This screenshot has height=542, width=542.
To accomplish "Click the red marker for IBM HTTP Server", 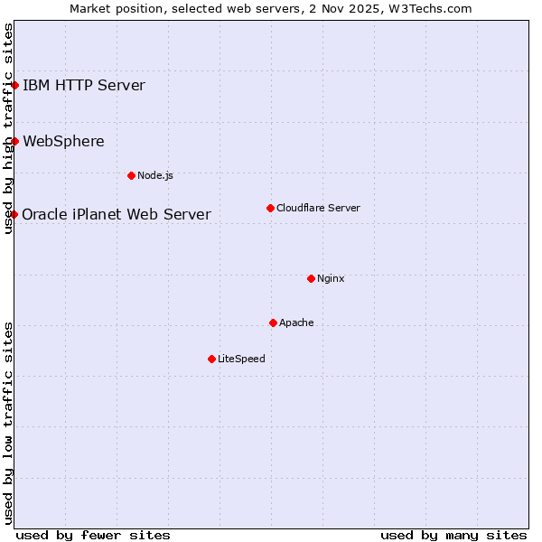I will (x=15, y=86).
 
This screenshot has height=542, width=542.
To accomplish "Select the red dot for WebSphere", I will (x=15, y=141).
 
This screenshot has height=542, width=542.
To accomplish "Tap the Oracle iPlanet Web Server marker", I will (x=14, y=214).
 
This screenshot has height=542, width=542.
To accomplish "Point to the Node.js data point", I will (x=131, y=175).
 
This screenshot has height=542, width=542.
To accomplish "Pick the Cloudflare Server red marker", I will (x=270, y=208).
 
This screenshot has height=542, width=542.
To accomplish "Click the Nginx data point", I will (x=311, y=278).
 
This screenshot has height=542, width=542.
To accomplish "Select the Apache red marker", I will (x=273, y=322).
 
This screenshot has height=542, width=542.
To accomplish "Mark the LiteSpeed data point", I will (x=211, y=359).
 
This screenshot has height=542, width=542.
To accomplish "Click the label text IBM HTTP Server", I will (x=83, y=86).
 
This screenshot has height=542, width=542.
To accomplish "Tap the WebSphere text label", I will (x=63, y=141).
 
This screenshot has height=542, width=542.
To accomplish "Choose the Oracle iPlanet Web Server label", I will (x=117, y=214).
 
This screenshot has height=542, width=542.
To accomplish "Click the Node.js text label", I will (x=155, y=175).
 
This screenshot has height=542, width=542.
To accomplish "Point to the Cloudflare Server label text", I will (x=318, y=208).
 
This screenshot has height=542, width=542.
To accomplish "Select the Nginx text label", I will (x=331, y=278).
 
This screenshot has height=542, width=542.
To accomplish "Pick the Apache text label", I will (x=296, y=322).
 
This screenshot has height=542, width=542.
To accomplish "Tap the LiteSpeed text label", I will (x=241, y=359).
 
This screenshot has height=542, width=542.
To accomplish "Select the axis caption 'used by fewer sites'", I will (x=93, y=535).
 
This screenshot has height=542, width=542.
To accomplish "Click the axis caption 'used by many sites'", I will (x=453, y=535).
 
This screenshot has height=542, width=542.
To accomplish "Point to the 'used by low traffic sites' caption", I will (x=9, y=423).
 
